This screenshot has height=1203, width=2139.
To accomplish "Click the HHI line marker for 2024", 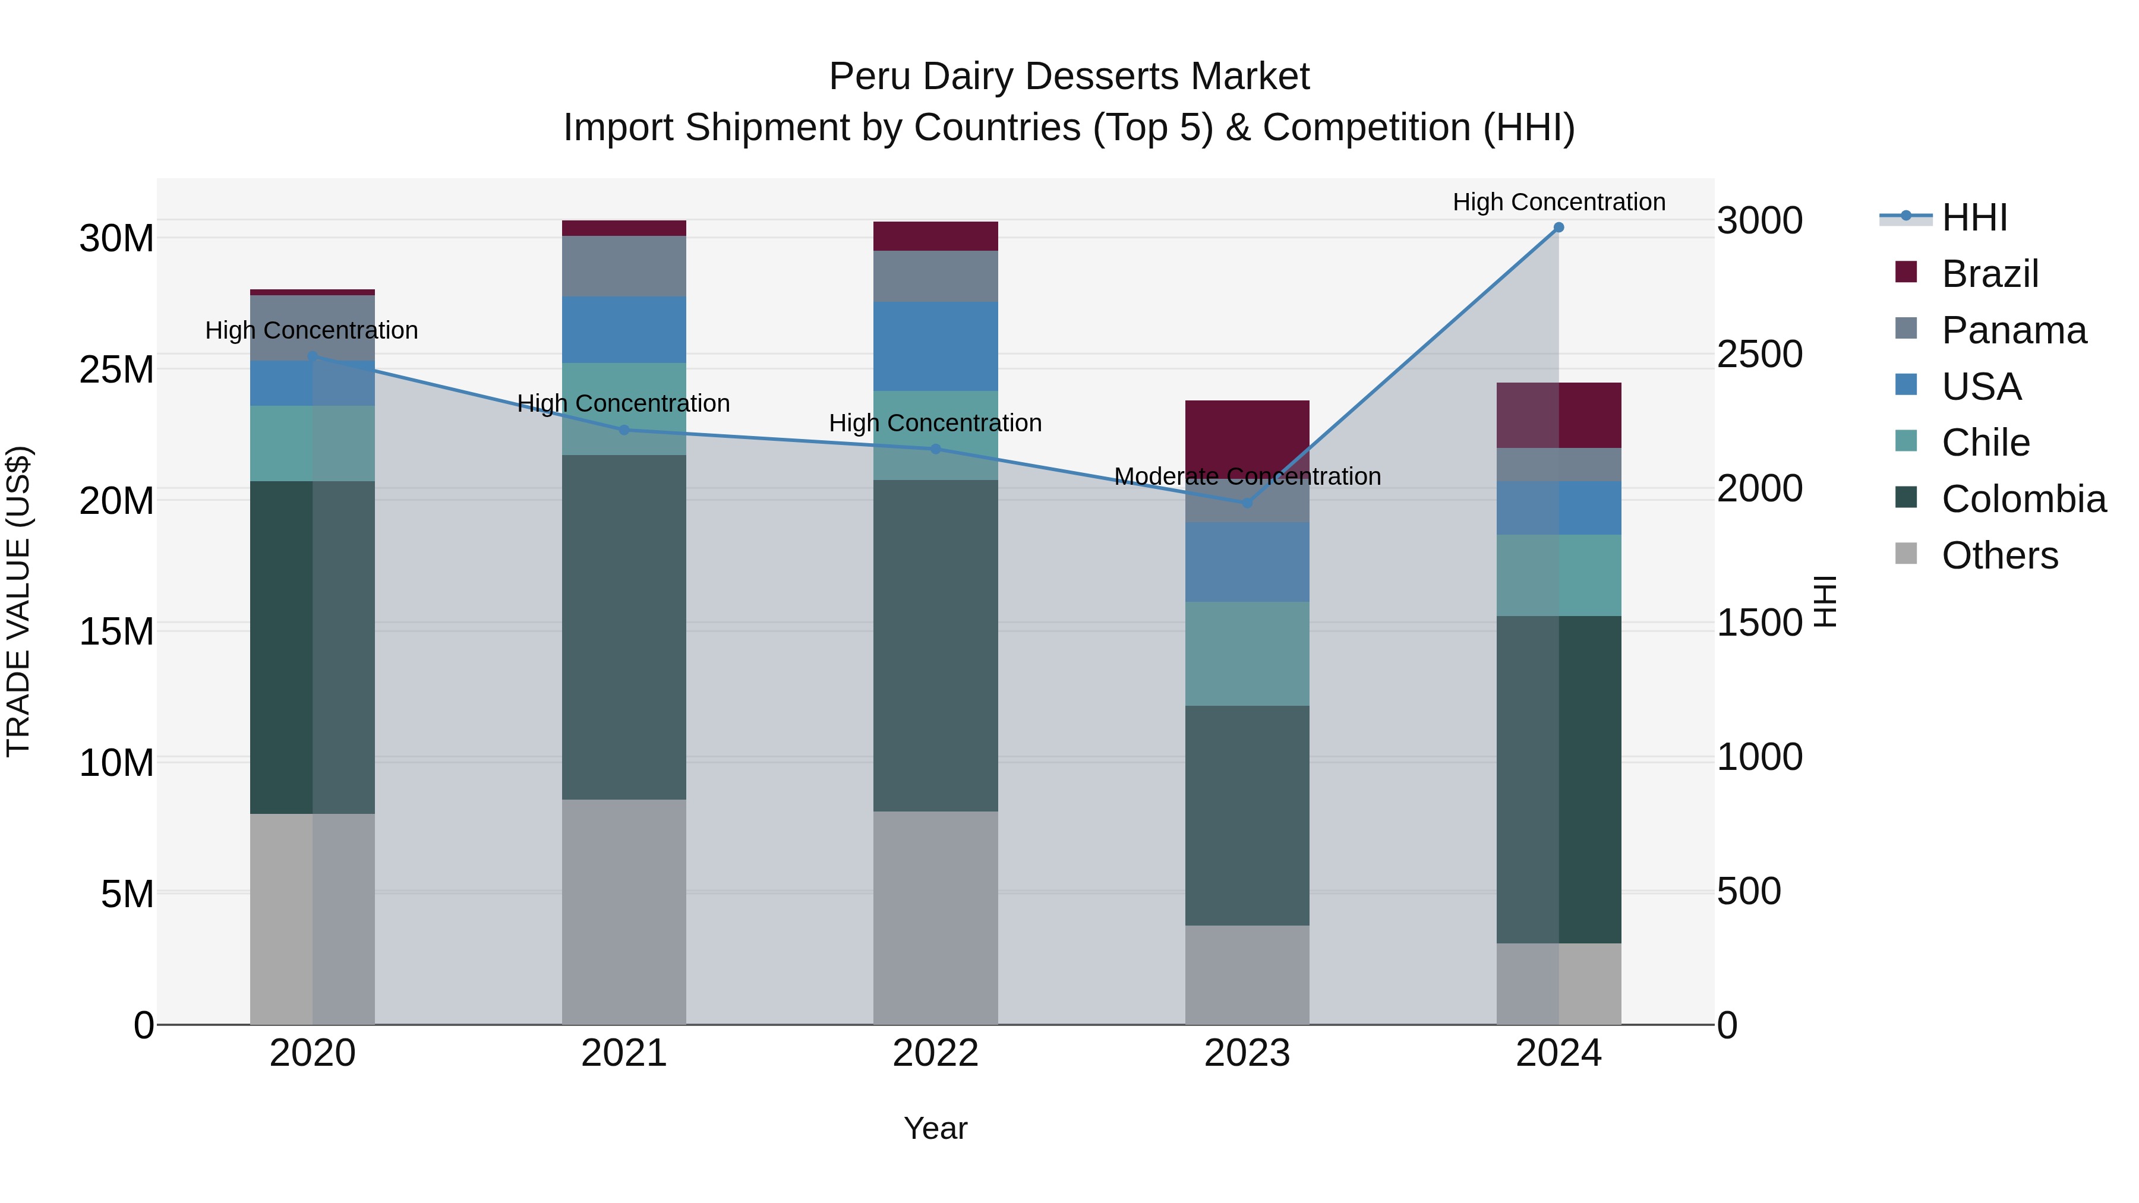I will coord(1558,228).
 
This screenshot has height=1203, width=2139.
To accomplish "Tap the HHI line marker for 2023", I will coord(1247,503).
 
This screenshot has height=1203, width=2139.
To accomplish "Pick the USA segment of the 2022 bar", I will coord(935,346).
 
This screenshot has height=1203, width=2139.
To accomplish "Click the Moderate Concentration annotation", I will coord(1247,476).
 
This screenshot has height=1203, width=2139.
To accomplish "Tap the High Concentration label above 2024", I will coord(1558,202).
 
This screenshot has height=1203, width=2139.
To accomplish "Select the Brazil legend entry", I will coord(1989,274).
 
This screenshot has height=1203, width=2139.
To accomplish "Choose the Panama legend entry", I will coord(2014,330).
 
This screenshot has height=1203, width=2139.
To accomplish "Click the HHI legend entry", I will coord(1974,217).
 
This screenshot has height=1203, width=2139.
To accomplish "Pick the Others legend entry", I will coord(1999,555).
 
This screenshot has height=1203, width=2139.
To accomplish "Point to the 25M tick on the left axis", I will coord(116,370).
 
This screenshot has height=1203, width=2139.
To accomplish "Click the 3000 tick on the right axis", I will coord(1759,221).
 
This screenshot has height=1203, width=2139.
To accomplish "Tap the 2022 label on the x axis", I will coord(935,1053).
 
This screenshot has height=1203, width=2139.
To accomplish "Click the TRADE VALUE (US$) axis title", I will coord(18,601).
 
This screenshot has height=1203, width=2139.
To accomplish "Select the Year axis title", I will coord(935,1128).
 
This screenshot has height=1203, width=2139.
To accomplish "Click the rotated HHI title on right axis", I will coord(1825,601).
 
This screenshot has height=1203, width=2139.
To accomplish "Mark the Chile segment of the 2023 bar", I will coord(1247,653).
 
